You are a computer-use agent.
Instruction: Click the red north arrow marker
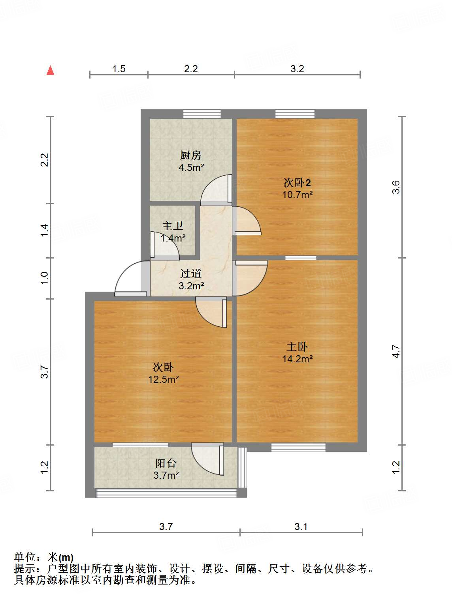(x=50, y=70)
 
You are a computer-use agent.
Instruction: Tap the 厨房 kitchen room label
(x=191, y=155)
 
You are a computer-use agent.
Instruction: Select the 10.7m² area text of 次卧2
(x=297, y=195)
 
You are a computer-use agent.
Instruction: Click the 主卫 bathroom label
(x=173, y=226)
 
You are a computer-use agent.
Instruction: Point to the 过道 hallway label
(x=191, y=274)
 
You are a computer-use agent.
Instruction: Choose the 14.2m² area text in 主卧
(x=297, y=359)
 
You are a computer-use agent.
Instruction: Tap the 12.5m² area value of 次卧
(x=163, y=379)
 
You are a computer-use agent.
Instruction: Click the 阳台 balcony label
(x=166, y=463)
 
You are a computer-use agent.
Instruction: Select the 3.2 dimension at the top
(x=297, y=69)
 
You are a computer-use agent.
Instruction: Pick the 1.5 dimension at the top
(x=119, y=69)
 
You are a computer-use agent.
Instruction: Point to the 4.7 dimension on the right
(x=396, y=351)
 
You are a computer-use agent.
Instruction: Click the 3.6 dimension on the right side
(x=396, y=187)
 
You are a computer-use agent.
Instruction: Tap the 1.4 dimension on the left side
(x=45, y=230)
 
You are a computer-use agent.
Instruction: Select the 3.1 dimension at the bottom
(x=301, y=526)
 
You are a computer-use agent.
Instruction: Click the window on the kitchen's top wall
(x=202, y=114)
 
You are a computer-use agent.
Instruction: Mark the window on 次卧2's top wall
(x=295, y=114)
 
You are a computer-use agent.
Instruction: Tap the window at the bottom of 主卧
(x=298, y=447)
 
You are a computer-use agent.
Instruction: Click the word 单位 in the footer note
(x=25, y=557)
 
